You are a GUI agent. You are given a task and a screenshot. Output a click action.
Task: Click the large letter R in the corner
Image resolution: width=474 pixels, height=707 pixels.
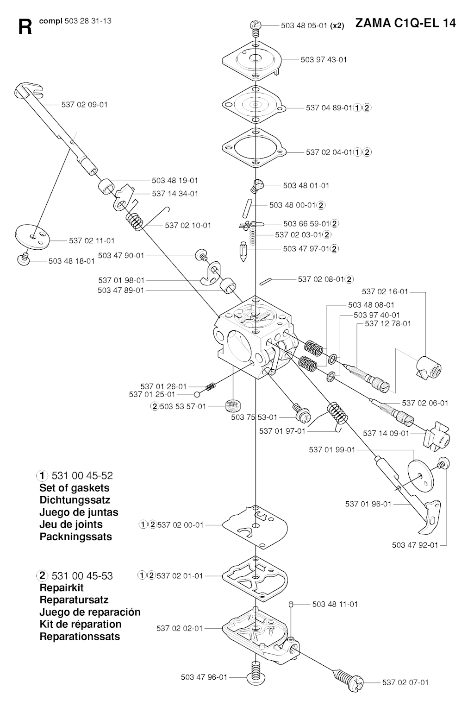coord(25,27)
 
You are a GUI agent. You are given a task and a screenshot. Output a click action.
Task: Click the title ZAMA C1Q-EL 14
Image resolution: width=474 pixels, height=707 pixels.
coord(405,23)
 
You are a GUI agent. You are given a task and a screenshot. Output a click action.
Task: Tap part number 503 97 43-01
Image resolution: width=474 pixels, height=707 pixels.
coord(324,60)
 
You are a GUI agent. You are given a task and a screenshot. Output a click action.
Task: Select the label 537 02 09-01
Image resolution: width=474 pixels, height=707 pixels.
coord(84,105)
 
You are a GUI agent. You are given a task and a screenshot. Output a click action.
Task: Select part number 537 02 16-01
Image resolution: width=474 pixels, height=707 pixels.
coord(385,292)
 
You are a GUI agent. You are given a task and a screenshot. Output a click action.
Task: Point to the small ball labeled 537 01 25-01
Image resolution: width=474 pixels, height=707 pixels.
coord(197,394)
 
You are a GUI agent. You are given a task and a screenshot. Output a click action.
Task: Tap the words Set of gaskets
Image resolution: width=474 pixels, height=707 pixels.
coord(75,488)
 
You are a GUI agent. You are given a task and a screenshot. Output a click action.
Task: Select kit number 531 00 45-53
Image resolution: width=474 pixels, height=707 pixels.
coord(82,576)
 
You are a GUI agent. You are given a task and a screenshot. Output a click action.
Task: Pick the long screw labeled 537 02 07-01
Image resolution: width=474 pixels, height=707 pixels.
coord(348,676)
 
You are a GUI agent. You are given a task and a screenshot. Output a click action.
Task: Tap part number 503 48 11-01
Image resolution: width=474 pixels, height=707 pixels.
coord(335,605)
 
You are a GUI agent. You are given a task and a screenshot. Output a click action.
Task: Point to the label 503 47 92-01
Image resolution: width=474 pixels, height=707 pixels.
coord(415,545)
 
